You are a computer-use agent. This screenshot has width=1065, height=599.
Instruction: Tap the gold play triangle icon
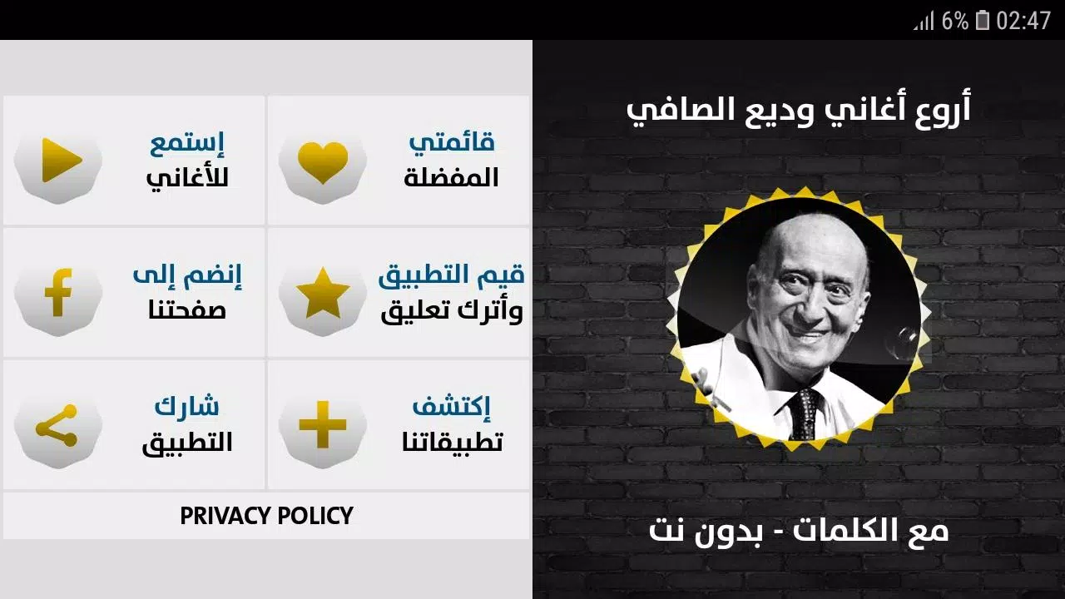[x=61, y=161]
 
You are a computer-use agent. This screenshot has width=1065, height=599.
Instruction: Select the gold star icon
[x=323, y=293]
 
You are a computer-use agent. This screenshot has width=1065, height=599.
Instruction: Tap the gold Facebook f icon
[x=58, y=292]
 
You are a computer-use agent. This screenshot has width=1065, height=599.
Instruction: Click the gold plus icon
[x=323, y=424]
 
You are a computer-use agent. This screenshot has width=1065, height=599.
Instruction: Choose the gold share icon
[x=57, y=425]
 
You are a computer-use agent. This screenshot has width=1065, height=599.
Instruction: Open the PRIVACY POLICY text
[x=266, y=515]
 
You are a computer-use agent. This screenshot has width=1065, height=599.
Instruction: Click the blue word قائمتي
[x=452, y=142]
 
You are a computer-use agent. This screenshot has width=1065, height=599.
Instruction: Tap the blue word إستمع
[x=187, y=144]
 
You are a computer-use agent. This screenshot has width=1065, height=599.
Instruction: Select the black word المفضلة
[x=451, y=178]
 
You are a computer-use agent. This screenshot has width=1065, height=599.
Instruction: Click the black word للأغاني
[x=187, y=178]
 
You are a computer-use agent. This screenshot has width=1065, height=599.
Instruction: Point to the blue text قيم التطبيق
[x=452, y=275]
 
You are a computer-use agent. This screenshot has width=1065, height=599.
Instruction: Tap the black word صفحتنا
[x=187, y=310]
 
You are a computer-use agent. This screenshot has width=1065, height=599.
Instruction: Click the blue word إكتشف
[x=451, y=407]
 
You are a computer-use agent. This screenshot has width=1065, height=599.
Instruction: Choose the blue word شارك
[x=187, y=407]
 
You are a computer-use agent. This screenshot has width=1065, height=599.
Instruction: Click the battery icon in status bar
[x=983, y=20]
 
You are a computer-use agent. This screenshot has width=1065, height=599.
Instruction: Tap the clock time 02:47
[x=1023, y=21]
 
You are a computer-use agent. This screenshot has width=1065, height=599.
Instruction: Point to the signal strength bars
[x=924, y=22]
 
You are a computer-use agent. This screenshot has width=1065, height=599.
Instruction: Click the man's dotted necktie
[x=804, y=413]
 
